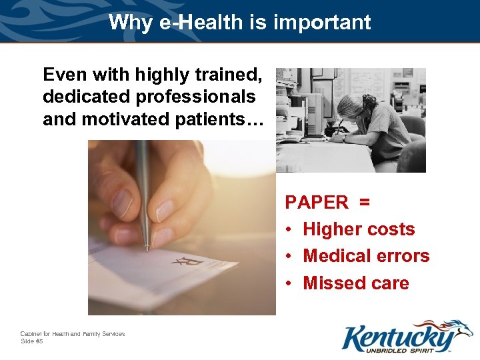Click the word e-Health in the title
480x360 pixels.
tap(195, 23)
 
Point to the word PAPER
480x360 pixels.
tap(317, 202)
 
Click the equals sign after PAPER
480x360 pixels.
tap(365, 202)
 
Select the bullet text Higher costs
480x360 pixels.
tap(359, 229)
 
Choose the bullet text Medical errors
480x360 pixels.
tap(366, 256)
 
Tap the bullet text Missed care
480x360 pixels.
tap(356, 283)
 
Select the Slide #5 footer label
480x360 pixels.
tap(31, 341)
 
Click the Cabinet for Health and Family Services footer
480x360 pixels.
tap(73, 334)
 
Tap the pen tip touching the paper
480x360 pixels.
tap(147, 249)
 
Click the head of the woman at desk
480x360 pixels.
tap(352, 107)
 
